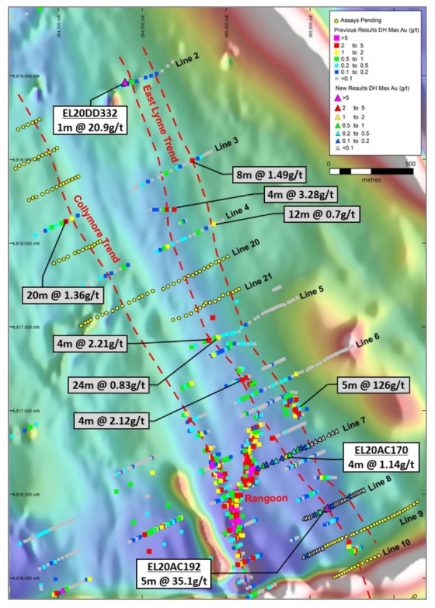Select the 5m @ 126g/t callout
tap(373, 385)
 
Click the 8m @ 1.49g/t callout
tap(267, 176)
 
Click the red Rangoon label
tap(255, 498)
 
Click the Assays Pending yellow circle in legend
tap(337, 20)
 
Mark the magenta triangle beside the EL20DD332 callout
tap(125, 83)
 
